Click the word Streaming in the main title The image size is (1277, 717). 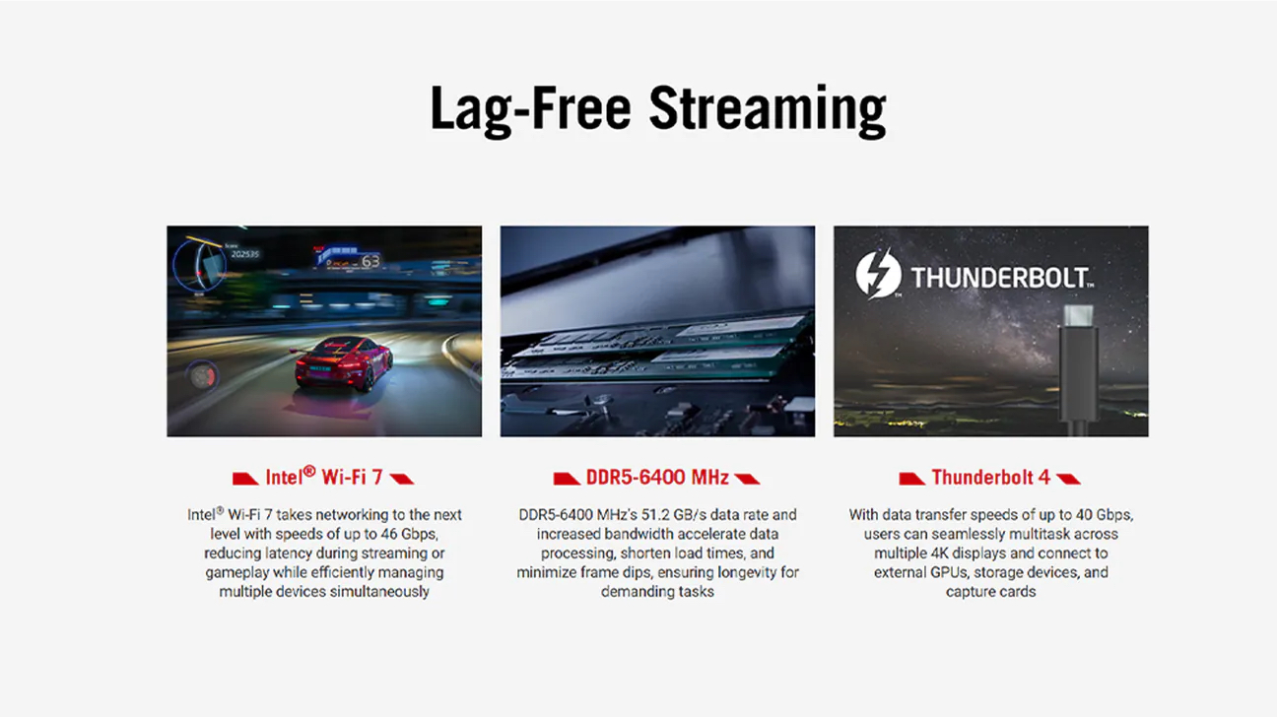[768, 111]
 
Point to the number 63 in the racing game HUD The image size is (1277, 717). [370, 262]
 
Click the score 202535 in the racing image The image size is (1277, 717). [244, 254]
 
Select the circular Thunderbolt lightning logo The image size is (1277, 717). [878, 274]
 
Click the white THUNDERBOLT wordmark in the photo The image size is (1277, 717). [1002, 278]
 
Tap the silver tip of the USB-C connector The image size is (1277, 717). [1079, 315]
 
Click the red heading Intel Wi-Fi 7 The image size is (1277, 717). [324, 477]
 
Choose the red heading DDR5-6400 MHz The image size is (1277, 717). [657, 477]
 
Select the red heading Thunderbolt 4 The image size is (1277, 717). [991, 477]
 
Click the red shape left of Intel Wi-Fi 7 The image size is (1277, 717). [245, 479]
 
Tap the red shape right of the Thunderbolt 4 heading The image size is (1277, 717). [1068, 479]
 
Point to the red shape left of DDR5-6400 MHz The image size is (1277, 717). [567, 479]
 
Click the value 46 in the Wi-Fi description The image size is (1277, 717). [389, 534]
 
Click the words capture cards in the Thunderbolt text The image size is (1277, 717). [991, 592]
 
